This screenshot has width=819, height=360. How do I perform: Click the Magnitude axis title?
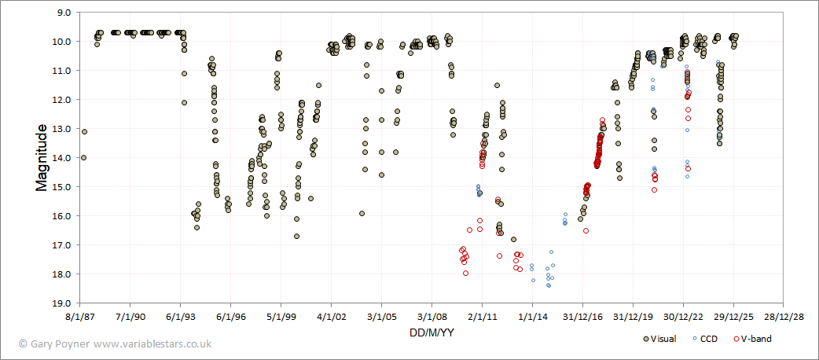point(42,158)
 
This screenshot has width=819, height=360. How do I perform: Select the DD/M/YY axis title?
point(431,332)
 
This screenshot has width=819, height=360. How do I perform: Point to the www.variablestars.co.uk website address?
point(152,343)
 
